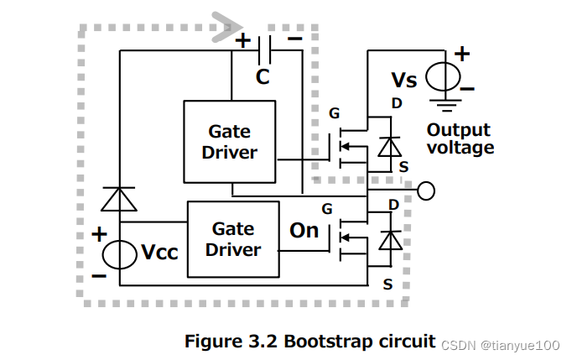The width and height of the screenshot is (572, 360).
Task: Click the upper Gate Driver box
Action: (x=230, y=141)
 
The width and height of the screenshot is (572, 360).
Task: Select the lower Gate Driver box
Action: (x=233, y=238)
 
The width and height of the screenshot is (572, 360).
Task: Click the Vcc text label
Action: (x=159, y=253)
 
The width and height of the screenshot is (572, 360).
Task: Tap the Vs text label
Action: (x=404, y=81)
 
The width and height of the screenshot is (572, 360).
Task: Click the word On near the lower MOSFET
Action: (x=304, y=230)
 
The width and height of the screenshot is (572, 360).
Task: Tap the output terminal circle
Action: (x=426, y=191)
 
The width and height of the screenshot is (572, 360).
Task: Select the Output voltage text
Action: (x=460, y=139)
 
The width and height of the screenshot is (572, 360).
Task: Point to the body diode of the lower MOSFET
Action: (x=387, y=241)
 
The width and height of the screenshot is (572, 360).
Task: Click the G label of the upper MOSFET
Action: (x=334, y=112)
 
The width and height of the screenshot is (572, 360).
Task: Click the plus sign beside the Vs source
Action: (x=462, y=54)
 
